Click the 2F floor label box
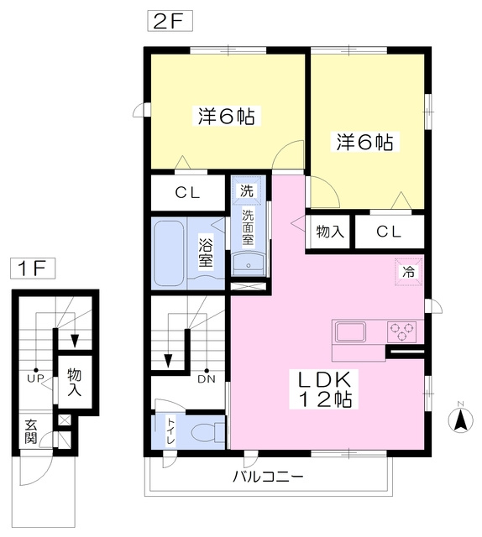tap(170, 21)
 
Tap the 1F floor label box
tap(33, 268)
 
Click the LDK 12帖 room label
tap(324, 389)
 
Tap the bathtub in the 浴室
tap(168, 253)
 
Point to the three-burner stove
tap(401, 331)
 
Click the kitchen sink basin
tap(350, 331)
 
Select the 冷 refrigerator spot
tap(408, 272)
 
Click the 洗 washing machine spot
tap(247, 190)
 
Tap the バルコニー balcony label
tap(269, 477)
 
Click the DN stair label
tap(207, 379)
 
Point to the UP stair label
tap(35, 378)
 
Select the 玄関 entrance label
tap(30, 431)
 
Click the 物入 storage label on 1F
tap(75, 382)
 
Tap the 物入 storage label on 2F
tap(330, 232)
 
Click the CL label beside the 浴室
tap(187, 193)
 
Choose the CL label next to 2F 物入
tap(389, 232)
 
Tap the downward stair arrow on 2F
tap(168, 360)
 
